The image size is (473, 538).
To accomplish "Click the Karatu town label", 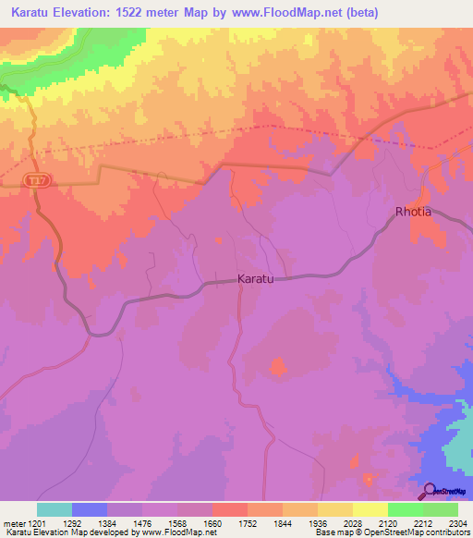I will pyautogui.click(x=256, y=278).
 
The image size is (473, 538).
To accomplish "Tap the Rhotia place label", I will pyautogui.click(x=413, y=212).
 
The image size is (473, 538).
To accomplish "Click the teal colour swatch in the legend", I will pyautogui.click(x=55, y=509).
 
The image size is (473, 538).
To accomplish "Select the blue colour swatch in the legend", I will pyautogui.click(x=90, y=509).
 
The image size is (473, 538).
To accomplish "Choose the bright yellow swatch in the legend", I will pyautogui.click(x=370, y=509).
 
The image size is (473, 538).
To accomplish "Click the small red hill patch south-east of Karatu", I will pyautogui.click(x=276, y=367).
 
